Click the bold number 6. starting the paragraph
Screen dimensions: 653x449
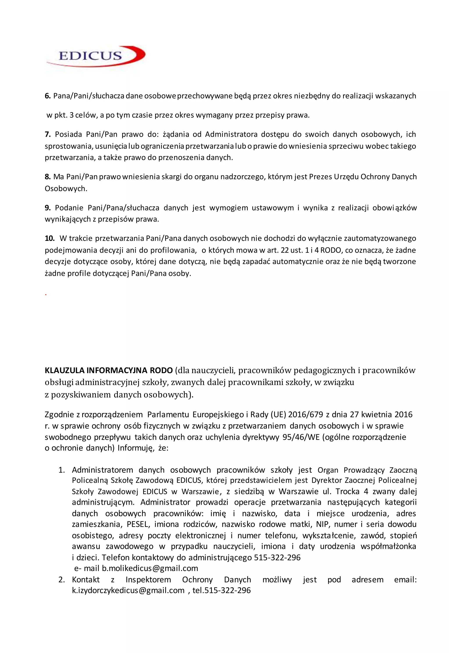click(x=48, y=96)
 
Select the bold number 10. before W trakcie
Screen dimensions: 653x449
click(x=50, y=238)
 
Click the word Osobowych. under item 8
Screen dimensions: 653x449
click(x=66, y=189)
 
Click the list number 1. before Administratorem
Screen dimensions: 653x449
click(x=62, y=470)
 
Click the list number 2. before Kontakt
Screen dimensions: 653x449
click(x=62, y=579)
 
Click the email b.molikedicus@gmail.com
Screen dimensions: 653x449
click(x=150, y=568)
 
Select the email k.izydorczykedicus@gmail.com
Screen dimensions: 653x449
click(x=128, y=590)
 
